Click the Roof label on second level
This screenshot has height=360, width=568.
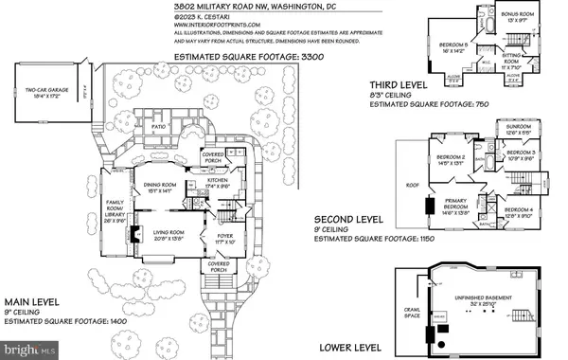412,186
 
